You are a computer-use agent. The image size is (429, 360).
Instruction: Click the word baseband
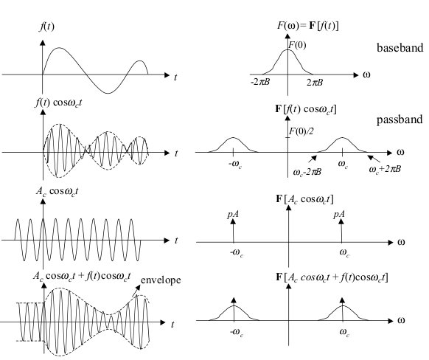coord(400,48)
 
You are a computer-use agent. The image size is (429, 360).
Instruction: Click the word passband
coord(400,120)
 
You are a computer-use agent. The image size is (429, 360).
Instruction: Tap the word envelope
coord(161,280)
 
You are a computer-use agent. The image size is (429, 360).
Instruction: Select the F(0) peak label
coord(297,45)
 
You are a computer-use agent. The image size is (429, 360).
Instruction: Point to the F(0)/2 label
coord(301,131)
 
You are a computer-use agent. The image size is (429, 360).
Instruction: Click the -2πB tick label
coord(260,82)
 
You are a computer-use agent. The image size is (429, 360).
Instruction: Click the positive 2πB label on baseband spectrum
coord(315,82)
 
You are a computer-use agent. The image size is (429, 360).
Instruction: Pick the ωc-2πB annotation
coord(307,172)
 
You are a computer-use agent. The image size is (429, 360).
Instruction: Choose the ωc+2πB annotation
coord(385,169)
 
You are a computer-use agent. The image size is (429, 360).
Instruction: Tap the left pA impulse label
coord(232,214)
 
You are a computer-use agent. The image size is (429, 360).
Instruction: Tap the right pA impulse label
coord(339,214)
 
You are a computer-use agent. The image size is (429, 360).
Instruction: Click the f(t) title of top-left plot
coord(46,27)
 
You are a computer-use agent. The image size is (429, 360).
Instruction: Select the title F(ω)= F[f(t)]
coord(308,26)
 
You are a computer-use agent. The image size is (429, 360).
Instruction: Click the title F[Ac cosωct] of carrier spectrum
coord(304,199)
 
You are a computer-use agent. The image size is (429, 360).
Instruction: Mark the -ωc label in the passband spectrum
coord(235,165)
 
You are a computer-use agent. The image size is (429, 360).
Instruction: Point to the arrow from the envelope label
coord(136,291)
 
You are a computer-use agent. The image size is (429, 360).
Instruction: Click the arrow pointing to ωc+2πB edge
coord(374,159)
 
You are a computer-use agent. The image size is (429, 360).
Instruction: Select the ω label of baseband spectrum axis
coord(366,75)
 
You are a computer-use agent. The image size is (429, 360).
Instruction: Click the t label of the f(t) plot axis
coord(175,77)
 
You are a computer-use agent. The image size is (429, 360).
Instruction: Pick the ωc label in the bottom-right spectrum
coord(344,333)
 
